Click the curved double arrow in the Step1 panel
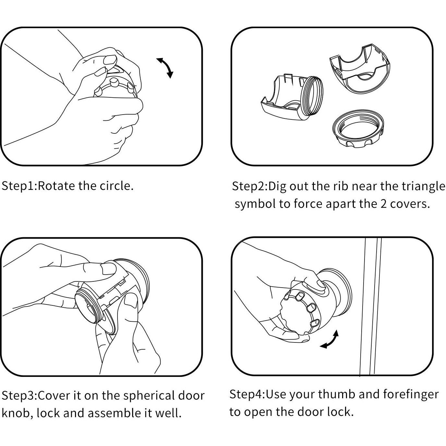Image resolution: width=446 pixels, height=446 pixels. pyautogui.click(x=166, y=67)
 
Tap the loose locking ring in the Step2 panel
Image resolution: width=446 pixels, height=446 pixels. pyautogui.click(x=358, y=129)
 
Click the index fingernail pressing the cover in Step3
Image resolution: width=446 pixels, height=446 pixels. pyautogui.click(x=108, y=268)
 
